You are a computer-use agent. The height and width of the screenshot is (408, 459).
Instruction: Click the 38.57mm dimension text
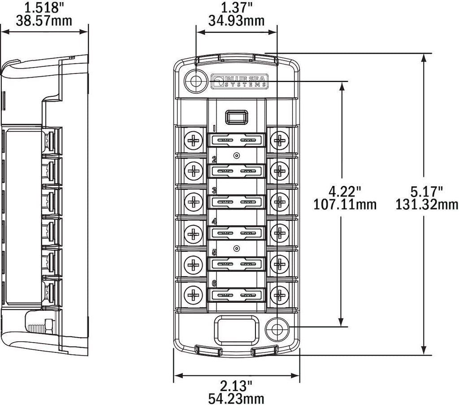tap(44, 21)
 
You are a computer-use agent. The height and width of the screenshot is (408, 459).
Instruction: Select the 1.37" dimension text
tap(237, 7)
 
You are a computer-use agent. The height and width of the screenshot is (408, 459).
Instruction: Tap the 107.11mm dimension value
tap(345, 204)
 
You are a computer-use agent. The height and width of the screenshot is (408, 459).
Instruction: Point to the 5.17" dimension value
tap(426, 192)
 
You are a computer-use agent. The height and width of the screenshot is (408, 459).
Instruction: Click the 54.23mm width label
tap(236, 399)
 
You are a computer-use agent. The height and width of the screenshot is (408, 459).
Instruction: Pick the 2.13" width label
tap(236, 386)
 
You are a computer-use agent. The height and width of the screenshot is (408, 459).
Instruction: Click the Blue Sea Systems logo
tap(239, 81)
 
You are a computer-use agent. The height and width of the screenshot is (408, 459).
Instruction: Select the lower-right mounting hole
tap(277, 329)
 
